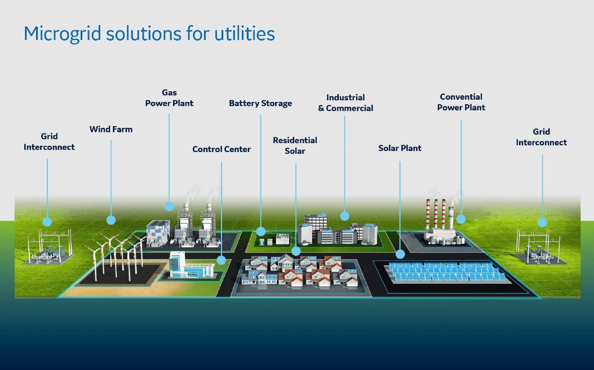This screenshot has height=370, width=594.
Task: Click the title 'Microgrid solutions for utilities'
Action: (149, 34)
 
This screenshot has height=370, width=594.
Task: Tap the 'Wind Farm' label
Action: (111, 130)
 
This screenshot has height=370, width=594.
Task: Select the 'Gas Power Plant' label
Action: (169, 98)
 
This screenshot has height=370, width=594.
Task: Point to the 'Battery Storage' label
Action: (260, 104)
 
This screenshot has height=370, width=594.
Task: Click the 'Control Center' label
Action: (221, 150)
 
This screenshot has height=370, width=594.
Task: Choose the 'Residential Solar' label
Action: (295, 145)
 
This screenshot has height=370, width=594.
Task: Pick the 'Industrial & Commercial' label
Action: (345, 103)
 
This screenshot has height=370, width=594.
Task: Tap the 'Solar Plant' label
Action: (400, 149)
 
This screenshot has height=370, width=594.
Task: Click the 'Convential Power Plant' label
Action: (461, 102)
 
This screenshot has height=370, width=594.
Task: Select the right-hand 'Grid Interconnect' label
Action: (542, 137)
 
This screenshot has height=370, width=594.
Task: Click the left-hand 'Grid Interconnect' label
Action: (49, 142)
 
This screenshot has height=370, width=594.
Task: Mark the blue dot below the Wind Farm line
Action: (111, 220)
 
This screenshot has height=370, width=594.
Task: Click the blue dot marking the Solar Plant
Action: (400, 254)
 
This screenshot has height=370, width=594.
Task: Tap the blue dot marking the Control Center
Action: (221, 260)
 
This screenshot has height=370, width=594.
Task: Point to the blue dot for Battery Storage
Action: (260, 231)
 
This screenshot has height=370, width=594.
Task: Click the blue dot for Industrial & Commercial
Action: (345, 215)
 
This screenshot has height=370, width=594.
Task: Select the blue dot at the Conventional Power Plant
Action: (460, 219)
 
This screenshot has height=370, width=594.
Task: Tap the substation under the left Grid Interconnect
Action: (51, 248)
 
